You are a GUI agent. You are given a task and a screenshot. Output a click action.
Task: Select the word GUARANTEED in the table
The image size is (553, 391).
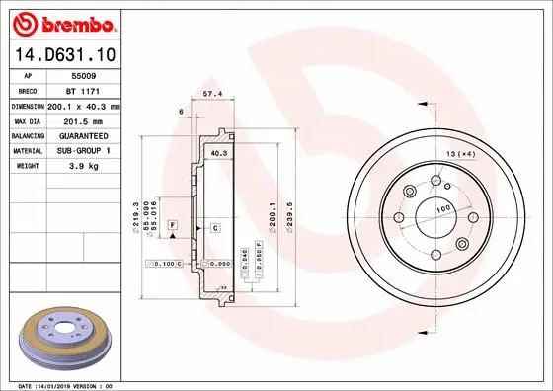pos(83,135)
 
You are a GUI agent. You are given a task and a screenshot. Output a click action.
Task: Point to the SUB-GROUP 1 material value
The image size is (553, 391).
pos(83,151)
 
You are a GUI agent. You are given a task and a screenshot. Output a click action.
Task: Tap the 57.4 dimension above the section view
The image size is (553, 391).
pos(210,95)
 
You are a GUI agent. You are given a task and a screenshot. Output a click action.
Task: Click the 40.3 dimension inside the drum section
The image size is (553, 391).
pos(219,154)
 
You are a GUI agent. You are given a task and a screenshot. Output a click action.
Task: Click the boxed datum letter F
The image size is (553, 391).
pos(172,227)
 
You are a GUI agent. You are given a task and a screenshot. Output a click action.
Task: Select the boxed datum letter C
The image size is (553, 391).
pos(214,228)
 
